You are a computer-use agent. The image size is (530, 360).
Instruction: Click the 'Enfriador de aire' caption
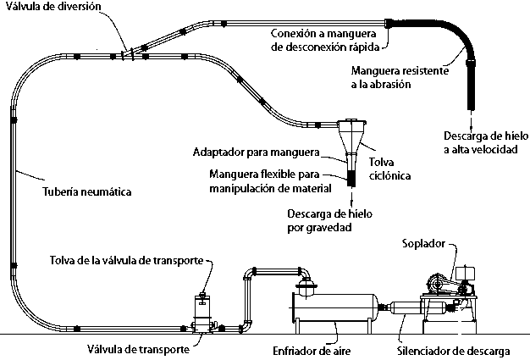(x=312, y=349)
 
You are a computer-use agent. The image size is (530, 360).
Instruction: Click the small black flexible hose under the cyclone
(x=351, y=180)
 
